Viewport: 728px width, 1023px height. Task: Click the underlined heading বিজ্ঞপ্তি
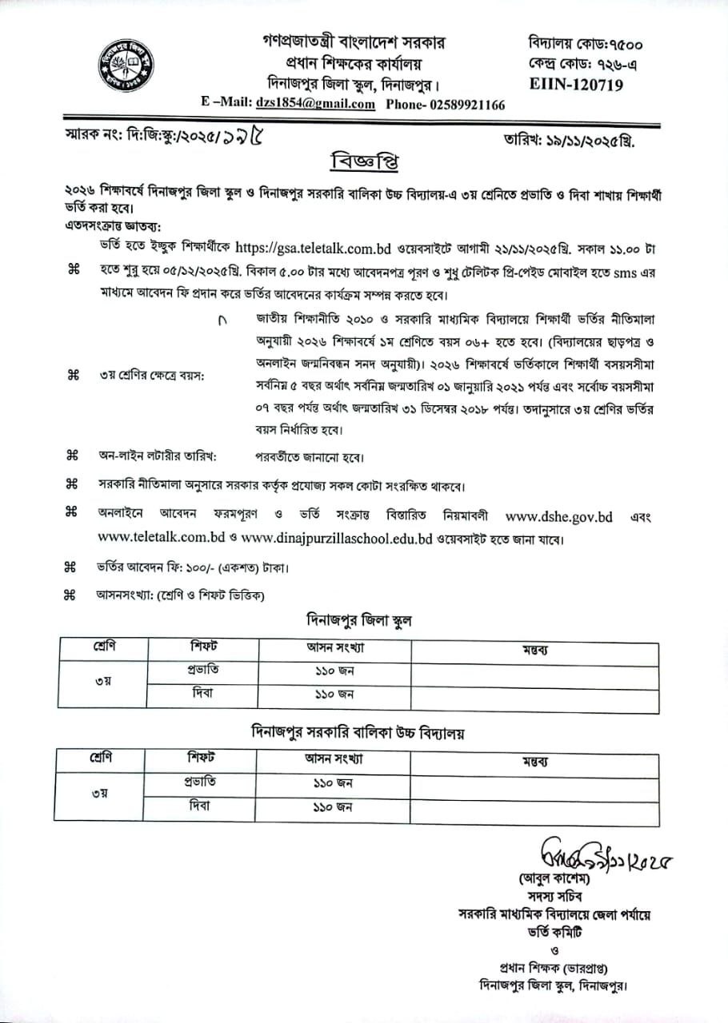click(x=364, y=162)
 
